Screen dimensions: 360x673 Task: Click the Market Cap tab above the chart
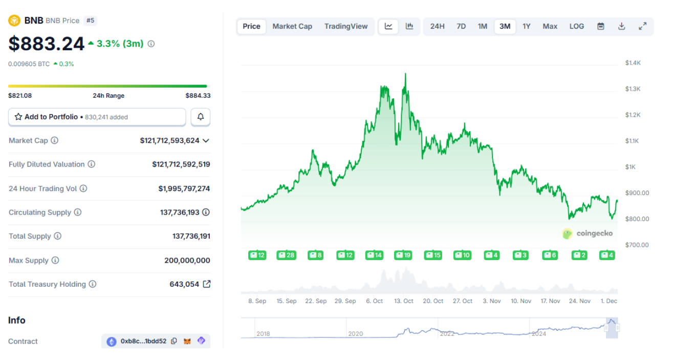[x=292, y=27]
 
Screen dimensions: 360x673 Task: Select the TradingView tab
[x=345, y=27]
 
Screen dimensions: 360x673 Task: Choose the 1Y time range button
[x=526, y=27]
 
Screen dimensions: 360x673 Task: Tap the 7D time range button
[x=461, y=27]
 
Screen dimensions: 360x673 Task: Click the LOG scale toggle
[x=576, y=27]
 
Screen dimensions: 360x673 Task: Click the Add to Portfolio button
[x=97, y=117]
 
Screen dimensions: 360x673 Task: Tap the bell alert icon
[x=201, y=117]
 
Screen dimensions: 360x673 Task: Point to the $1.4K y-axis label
[x=633, y=63]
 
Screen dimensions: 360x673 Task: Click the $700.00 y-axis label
[x=637, y=245]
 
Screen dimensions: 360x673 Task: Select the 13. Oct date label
[x=404, y=301]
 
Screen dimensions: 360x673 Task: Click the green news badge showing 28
[x=286, y=255]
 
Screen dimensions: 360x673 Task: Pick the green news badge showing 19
[x=403, y=255]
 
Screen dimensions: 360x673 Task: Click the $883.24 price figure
[x=46, y=44]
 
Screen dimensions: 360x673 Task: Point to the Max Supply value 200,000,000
[x=187, y=260]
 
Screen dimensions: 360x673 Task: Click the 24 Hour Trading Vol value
[x=184, y=188]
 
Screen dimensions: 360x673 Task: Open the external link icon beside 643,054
[x=206, y=284]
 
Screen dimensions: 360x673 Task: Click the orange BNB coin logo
[x=14, y=20]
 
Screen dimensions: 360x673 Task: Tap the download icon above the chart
[x=621, y=27]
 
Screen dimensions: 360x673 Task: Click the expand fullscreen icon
[x=642, y=27]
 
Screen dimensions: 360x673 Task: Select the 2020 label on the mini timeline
[x=355, y=334]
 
